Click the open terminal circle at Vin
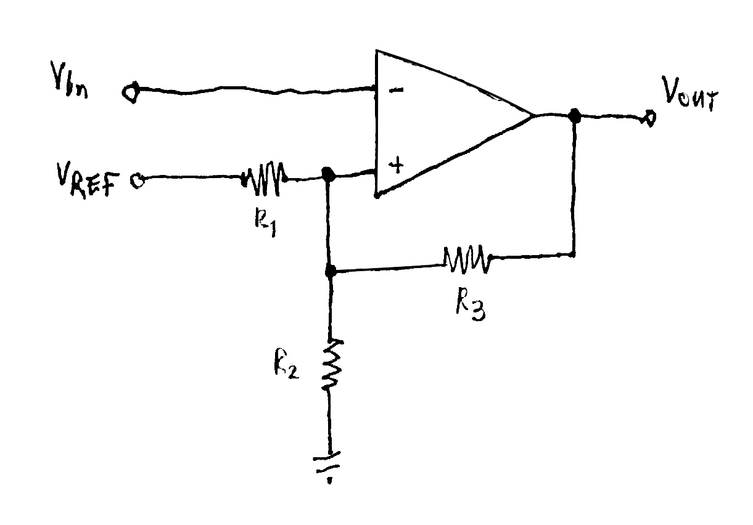(x=130, y=92)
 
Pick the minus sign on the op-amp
(x=397, y=90)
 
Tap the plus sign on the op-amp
(x=395, y=166)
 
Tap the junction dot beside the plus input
(x=329, y=176)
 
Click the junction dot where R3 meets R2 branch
(x=331, y=271)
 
